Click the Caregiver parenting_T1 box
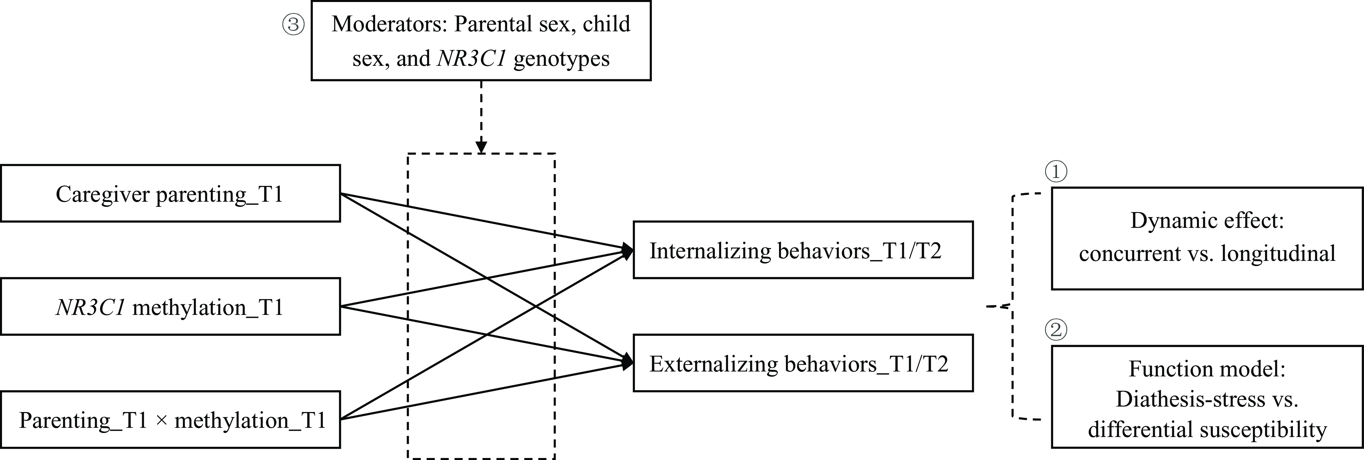tap(170, 193)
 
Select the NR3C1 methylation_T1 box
tap(170, 306)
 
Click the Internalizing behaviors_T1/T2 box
tap(803, 250)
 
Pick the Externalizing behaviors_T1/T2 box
tap(803, 363)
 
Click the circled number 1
tap(1056, 171)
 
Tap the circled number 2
tap(1056, 330)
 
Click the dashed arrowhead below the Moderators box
tap(481, 147)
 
